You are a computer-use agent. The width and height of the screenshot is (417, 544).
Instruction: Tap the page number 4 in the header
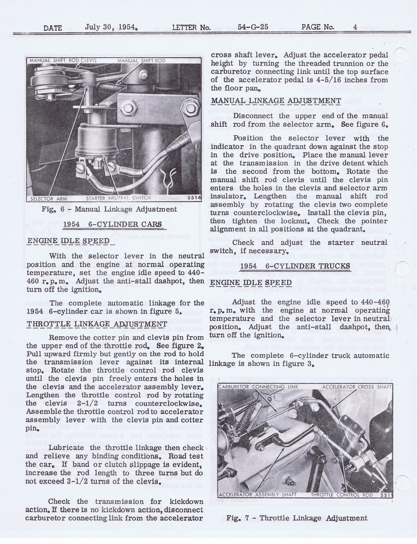pos(355,27)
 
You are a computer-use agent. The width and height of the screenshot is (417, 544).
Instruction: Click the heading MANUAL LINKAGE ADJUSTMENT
pos(276,100)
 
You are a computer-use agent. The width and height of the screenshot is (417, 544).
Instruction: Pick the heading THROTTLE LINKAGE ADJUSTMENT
pos(97,324)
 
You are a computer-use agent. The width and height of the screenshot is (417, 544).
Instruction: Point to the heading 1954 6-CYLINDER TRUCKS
pos(295,266)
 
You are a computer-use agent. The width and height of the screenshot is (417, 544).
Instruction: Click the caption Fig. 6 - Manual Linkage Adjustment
pos(109,209)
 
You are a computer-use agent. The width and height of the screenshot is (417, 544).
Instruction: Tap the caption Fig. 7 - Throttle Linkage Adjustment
pos(297,517)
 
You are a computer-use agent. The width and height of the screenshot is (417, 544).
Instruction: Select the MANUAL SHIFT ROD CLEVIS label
pos(63,61)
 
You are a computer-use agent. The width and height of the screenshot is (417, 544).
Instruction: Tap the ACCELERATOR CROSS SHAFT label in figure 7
pos(357,387)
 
